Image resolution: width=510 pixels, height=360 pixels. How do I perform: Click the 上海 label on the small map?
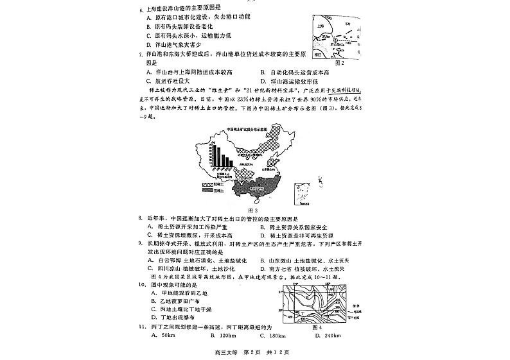pos(319,28)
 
